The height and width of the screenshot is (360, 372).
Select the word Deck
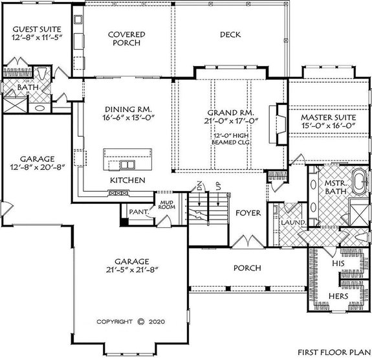point(230,34)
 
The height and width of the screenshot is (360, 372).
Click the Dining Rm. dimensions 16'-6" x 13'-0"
point(127,119)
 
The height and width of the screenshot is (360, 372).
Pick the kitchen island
point(128,157)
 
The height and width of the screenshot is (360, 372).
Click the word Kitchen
point(127,179)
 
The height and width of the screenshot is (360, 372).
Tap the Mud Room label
point(168,206)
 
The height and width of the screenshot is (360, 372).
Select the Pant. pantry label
point(138,211)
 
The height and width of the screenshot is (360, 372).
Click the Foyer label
point(247,212)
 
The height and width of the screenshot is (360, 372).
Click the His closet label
point(336,264)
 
